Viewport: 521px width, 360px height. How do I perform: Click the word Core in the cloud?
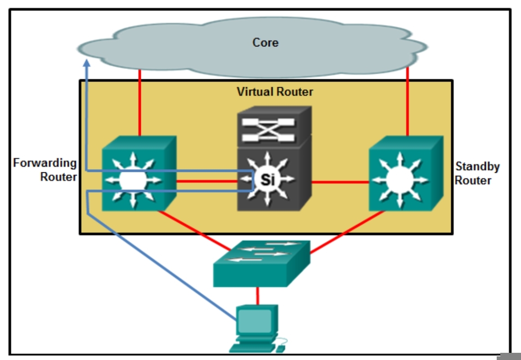click(x=265, y=43)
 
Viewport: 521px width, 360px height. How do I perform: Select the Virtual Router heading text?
click(x=274, y=92)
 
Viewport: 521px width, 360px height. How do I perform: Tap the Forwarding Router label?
click(x=45, y=170)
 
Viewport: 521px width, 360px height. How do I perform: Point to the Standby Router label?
click(x=477, y=173)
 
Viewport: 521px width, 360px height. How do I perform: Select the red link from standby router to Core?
click(x=407, y=101)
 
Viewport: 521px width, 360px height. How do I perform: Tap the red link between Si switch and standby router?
click(x=340, y=182)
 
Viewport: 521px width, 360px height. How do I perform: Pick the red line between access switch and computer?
click(x=258, y=296)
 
